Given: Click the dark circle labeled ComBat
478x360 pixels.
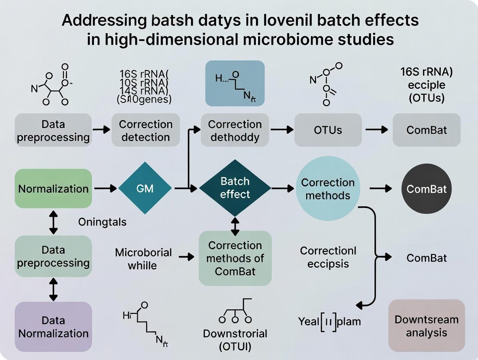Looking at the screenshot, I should click(426, 189).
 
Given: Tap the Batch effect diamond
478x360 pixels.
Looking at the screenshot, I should click(235, 188).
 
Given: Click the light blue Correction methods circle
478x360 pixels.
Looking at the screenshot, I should click(328, 189).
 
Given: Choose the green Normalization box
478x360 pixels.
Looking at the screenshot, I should click(53, 189).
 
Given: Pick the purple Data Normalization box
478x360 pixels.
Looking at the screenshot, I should click(53, 327).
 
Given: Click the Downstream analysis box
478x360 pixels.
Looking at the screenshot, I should click(426, 326).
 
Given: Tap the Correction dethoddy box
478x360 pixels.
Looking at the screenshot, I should click(235, 130).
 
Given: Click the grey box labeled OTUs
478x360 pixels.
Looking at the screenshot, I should click(328, 130).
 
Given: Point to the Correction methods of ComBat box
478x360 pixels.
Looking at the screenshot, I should click(235, 258).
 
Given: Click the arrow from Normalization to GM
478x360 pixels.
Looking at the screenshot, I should click(105, 189).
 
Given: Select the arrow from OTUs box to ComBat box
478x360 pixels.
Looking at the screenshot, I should click(377, 130).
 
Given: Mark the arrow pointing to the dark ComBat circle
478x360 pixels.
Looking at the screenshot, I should click(381, 189).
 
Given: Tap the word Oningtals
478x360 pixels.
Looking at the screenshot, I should click(102, 222).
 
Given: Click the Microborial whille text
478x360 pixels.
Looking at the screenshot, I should click(143, 258).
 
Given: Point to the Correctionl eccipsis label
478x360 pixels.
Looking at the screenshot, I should click(328, 257).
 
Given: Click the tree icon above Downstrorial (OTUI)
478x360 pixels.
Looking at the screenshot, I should click(235, 312).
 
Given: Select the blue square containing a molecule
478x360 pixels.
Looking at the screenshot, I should click(235, 83).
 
